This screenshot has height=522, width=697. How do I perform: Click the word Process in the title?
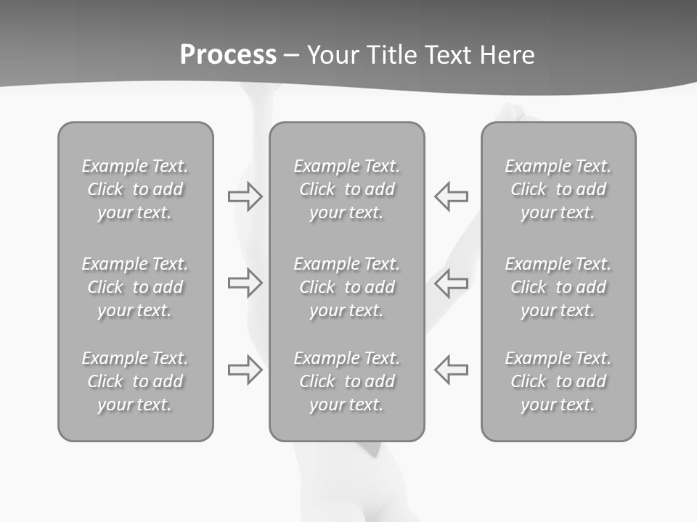click(x=228, y=55)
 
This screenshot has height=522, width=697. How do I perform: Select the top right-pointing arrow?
click(x=245, y=196)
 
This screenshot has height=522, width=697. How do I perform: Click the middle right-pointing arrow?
click(x=245, y=283)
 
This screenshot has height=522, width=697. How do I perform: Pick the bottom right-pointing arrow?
click(x=245, y=370)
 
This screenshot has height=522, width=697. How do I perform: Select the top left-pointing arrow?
click(x=451, y=196)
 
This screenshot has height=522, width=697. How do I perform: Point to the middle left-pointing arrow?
click(x=451, y=283)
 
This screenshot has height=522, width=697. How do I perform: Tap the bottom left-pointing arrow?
click(x=451, y=370)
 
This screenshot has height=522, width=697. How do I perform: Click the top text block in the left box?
click(x=135, y=189)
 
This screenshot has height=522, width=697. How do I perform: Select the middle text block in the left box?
click(x=135, y=287)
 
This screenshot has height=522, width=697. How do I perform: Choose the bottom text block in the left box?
click(x=135, y=381)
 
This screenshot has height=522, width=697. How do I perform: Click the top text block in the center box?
click(x=347, y=189)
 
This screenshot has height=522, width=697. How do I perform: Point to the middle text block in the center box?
click(x=347, y=287)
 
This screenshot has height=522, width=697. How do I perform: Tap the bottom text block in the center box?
click(x=347, y=381)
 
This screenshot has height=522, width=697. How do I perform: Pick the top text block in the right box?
click(x=558, y=189)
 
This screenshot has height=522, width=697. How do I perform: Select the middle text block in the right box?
click(x=558, y=287)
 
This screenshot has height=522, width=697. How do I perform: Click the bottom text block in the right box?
click(x=558, y=381)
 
